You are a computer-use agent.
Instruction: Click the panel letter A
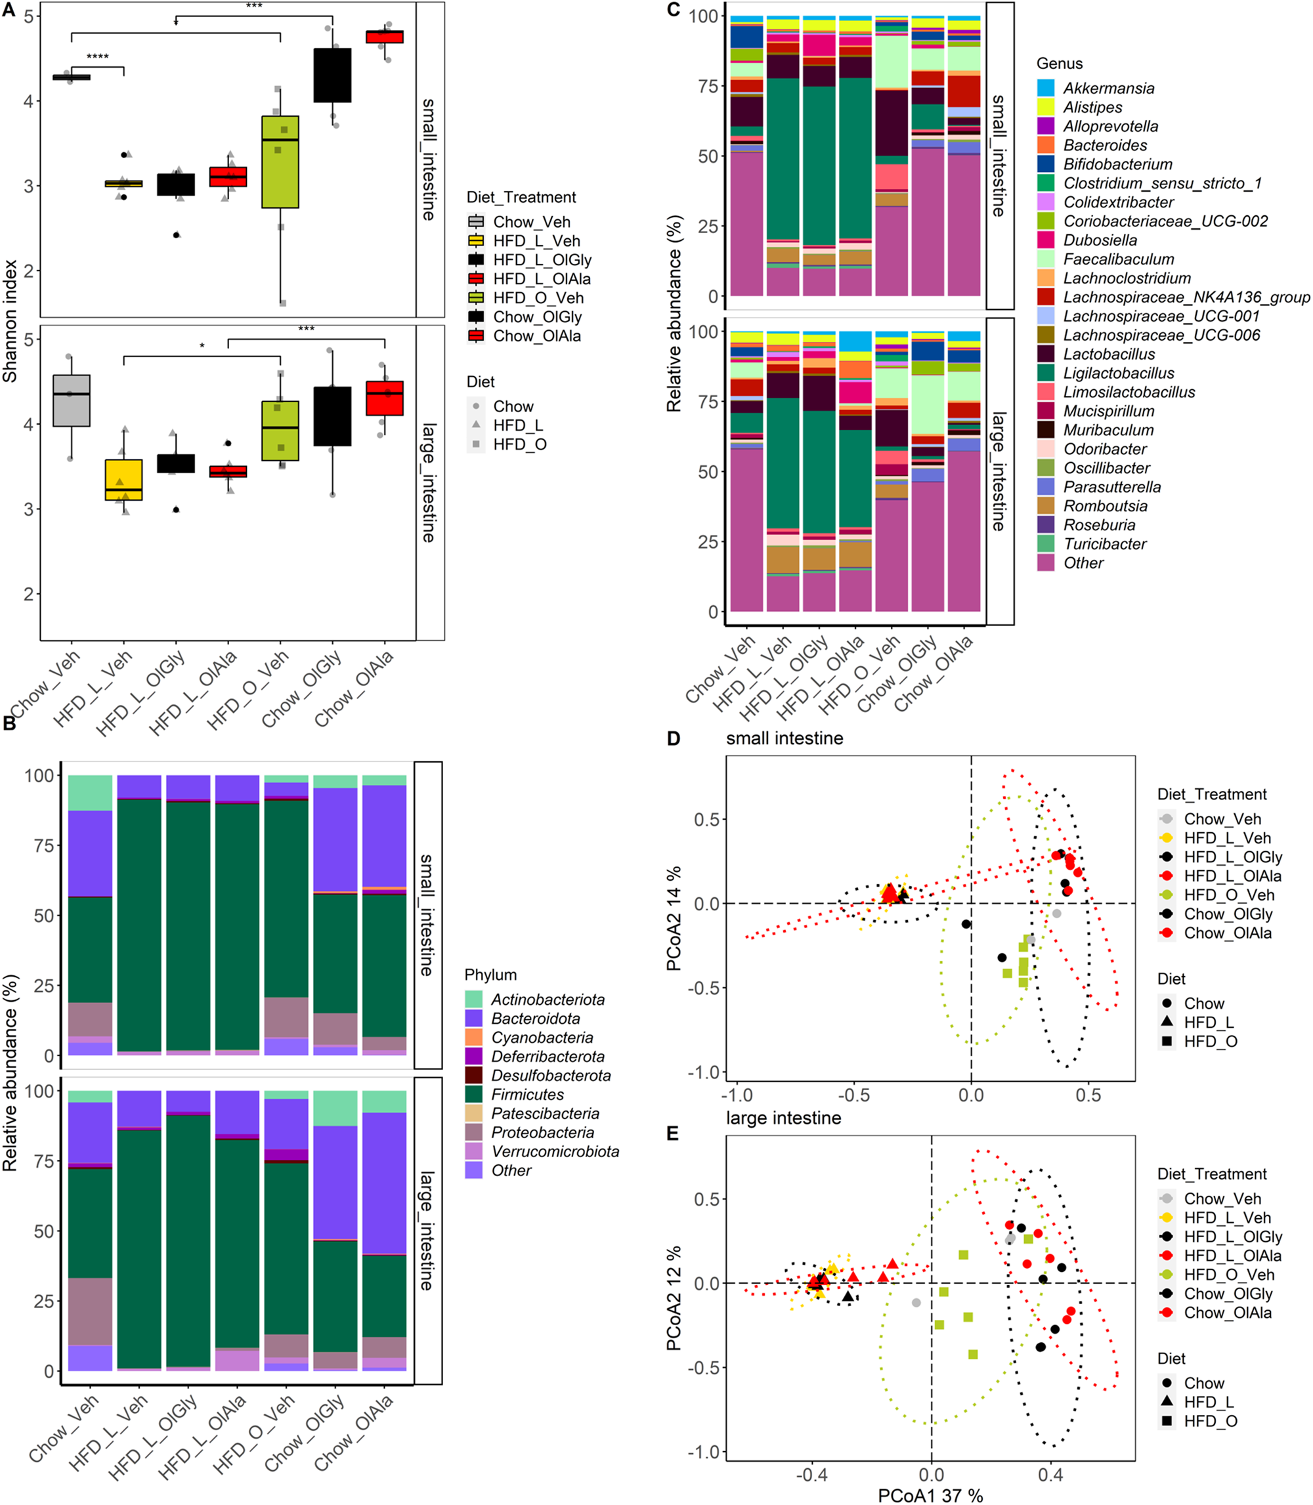point(9,11)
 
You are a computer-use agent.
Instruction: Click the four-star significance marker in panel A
point(97,56)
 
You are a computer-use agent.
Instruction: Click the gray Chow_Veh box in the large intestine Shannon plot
point(71,400)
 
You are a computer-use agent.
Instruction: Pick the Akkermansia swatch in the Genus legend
point(1046,88)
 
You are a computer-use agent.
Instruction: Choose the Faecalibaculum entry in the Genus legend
point(1118,259)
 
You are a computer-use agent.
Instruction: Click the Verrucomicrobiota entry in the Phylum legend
point(555,1151)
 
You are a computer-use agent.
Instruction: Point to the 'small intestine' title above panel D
point(784,738)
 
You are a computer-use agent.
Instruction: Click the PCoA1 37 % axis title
point(930,1494)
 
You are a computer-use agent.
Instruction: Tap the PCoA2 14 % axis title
point(674,918)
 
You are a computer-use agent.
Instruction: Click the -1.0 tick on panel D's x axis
point(737,1095)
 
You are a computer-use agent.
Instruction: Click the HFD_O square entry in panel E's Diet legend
point(1210,1421)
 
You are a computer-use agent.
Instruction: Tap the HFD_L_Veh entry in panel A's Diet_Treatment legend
point(536,241)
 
